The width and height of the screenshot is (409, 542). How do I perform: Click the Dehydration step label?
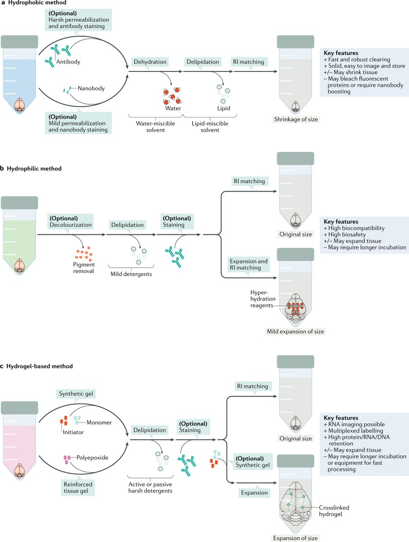coord(150,62)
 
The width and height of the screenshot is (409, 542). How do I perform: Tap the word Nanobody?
coord(91,88)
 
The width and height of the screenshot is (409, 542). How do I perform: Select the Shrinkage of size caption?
coord(296,119)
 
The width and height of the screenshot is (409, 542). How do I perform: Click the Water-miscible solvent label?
coord(155,126)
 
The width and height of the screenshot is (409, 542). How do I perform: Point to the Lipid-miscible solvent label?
coord(210,126)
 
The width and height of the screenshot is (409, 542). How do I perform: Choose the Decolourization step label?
coord(71,221)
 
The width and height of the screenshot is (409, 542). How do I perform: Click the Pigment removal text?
coord(84,268)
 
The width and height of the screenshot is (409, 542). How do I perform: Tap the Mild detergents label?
coord(131,274)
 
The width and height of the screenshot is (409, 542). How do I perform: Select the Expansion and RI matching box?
coord(249,265)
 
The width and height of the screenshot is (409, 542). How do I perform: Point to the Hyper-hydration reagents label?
coord(262,299)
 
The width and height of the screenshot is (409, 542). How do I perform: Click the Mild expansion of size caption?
coord(296,332)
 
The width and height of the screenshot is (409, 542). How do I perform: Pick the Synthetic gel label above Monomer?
coord(76,393)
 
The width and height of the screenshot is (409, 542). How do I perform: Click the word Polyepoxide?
coord(92,458)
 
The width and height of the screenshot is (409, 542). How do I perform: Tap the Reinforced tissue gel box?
coord(78,487)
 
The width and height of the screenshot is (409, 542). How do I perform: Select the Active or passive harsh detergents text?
coord(150,487)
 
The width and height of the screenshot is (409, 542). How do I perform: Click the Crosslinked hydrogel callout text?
coord(334,511)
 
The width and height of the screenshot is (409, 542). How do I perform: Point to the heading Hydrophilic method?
coord(34,168)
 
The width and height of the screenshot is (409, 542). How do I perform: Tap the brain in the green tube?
coord(19,266)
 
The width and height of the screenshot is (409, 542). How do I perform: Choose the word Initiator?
coord(73,432)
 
